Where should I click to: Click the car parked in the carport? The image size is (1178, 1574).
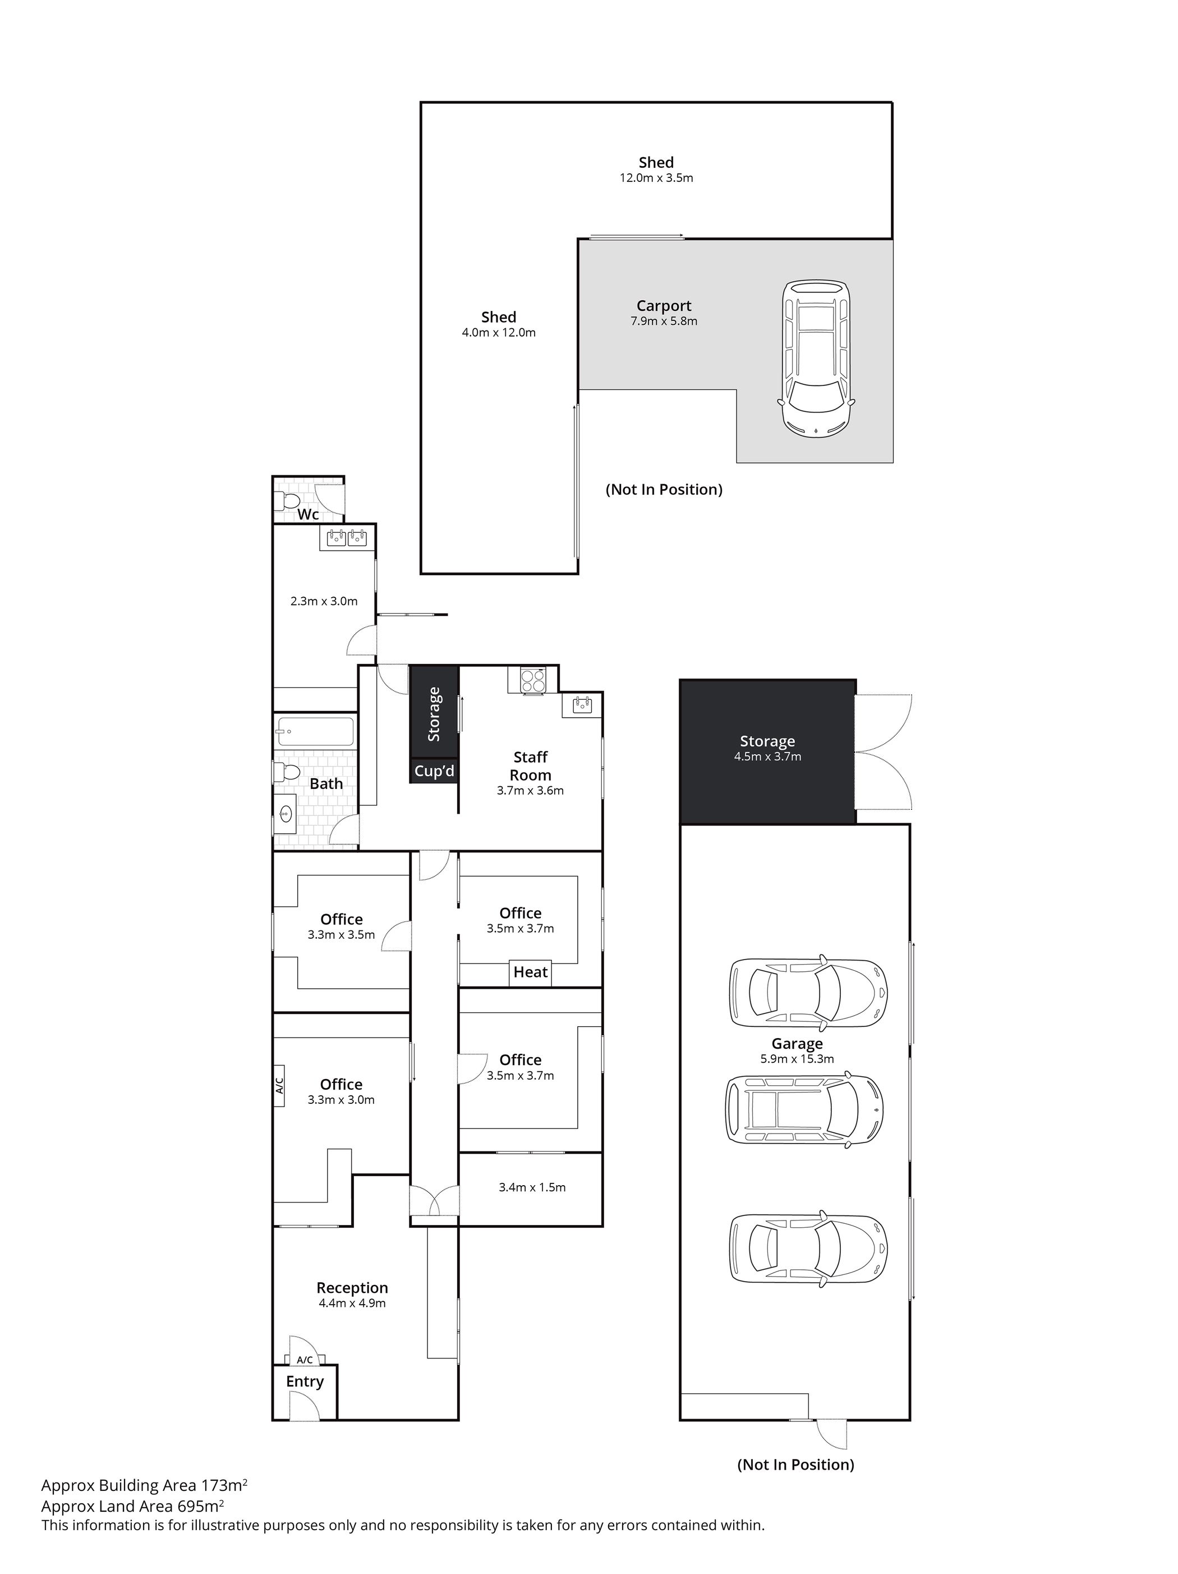point(817,359)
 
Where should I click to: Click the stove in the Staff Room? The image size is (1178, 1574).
point(533,680)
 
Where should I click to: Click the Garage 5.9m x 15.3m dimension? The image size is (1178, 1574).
point(797,1058)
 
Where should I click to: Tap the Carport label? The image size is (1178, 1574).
point(664,306)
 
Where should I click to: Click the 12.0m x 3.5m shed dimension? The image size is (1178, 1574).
point(656,178)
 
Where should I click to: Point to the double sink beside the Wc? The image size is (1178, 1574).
point(347,538)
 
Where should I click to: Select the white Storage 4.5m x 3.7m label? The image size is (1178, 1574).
point(767,748)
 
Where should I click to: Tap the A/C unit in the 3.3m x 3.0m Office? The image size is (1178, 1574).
point(279,1085)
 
